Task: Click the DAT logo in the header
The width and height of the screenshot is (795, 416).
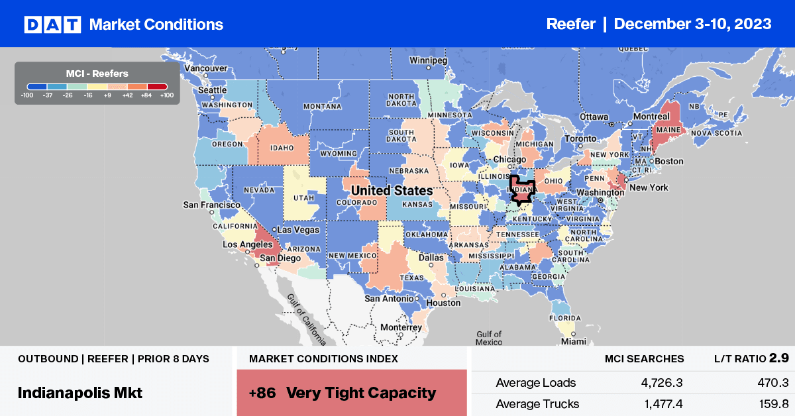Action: [x=52, y=25]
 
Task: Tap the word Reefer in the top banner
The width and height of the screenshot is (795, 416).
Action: [x=571, y=24]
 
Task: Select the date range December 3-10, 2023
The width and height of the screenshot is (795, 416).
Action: [x=692, y=24]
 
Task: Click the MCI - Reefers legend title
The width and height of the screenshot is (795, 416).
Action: [x=97, y=74]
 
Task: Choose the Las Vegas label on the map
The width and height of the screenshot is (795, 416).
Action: [x=298, y=229]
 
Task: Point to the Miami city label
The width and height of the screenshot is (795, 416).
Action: [x=573, y=341]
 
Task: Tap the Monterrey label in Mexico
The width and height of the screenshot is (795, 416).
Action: [x=401, y=327]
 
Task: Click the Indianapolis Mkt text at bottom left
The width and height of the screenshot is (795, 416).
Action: [x=80, y=392]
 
